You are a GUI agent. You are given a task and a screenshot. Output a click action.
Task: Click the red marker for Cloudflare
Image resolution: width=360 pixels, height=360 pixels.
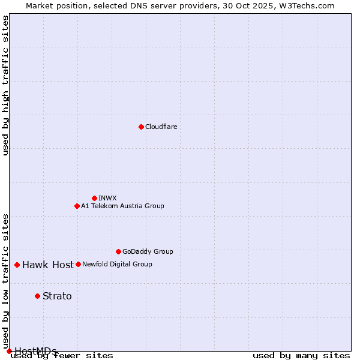tap(141, 127)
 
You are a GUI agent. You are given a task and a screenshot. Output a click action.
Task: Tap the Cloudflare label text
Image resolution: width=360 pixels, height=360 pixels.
tap(161, 127)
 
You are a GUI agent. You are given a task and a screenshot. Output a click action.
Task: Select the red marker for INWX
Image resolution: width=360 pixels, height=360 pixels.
tap(94, 198)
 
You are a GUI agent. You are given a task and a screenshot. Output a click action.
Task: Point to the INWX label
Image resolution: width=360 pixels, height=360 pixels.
tap(108, 198)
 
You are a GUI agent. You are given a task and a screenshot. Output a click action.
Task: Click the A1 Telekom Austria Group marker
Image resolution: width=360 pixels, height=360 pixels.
tap(77, 206)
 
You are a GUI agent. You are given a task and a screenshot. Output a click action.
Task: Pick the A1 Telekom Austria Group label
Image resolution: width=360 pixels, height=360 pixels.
tap(123, 206)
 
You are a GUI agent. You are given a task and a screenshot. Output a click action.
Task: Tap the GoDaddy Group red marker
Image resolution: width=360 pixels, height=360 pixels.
tap(118, 251)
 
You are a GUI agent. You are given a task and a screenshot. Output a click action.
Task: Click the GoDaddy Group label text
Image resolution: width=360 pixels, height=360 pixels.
tap(148, 251)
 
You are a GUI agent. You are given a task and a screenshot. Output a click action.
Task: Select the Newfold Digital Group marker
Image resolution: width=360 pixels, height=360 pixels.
tap(78, 264)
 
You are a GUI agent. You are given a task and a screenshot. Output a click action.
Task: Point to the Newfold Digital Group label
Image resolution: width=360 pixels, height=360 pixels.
tap(118, 264)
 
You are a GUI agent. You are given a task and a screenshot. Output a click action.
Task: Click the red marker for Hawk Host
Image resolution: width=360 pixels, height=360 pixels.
tap(17, 265)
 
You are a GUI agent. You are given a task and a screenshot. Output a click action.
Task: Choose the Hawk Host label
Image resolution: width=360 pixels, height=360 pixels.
tap(48, 265)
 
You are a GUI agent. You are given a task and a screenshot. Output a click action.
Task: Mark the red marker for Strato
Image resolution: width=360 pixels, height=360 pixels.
tap(37, 296)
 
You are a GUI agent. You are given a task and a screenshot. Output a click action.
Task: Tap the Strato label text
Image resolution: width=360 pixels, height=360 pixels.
tap(57, 296)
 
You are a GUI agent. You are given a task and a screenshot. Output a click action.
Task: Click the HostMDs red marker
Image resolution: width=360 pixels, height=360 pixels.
tap(9, 351)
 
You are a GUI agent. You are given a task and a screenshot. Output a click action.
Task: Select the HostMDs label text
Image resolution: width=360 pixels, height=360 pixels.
tap(35, 350)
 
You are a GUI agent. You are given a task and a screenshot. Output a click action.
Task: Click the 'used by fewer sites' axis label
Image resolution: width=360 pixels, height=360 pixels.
tap(62, 355)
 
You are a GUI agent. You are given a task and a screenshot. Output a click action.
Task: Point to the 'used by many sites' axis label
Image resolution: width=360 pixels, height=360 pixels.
tap(301, 355)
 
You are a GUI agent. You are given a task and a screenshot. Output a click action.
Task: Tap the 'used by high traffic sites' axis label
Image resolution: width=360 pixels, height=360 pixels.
tap(5, 85)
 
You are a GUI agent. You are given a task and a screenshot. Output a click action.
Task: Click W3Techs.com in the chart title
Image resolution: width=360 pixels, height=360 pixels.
tap(305, 5)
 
